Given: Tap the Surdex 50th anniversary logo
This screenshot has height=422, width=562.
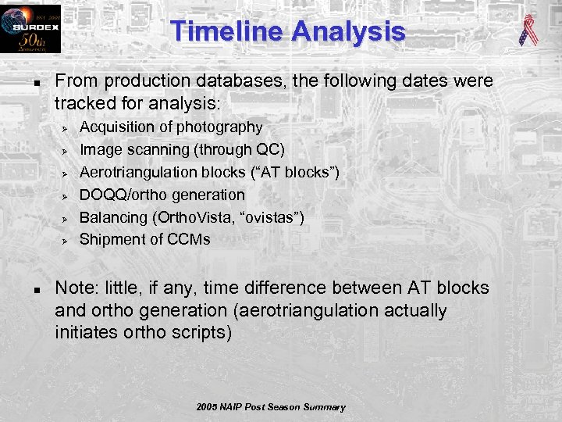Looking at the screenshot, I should coord(30,29).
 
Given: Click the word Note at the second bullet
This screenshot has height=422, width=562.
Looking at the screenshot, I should coord(74,288).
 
